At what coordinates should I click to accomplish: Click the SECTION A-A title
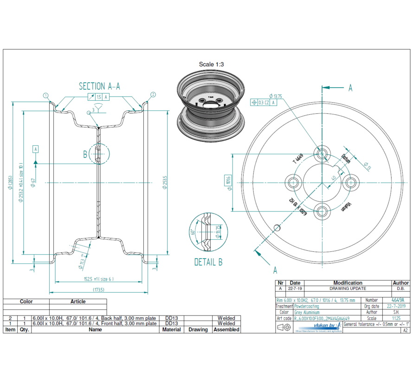point(99,86)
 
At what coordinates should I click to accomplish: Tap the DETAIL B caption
point(208,263)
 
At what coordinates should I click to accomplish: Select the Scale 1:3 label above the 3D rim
point(211,65)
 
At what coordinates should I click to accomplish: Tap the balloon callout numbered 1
point(45,95)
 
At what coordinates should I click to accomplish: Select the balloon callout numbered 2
point(153,95)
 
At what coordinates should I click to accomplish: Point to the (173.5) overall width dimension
point(98,289)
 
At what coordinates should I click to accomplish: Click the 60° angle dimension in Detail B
point(193,231)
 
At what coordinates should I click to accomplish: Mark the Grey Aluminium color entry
point(307,313)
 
